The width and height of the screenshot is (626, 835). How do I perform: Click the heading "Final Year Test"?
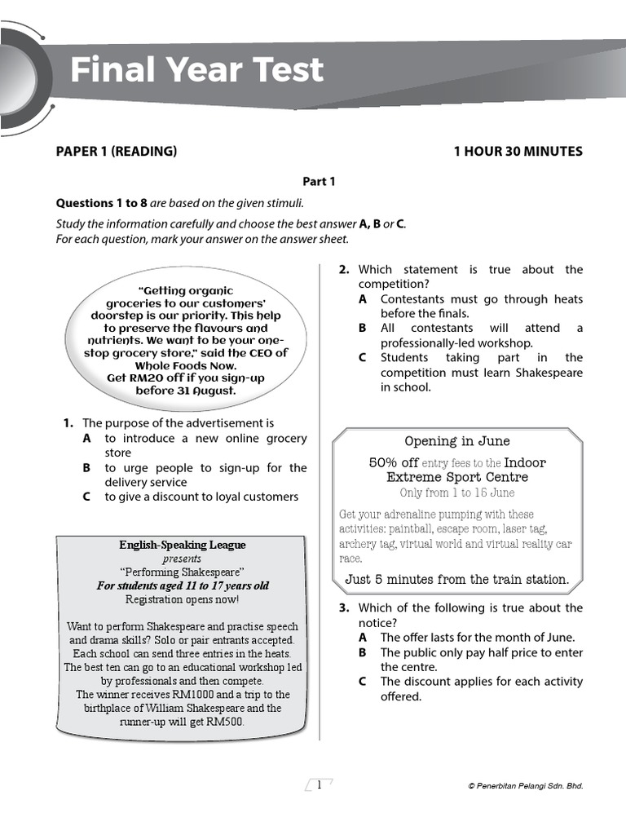[196, 71]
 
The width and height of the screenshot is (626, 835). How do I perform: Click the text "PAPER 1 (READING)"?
[116, 151]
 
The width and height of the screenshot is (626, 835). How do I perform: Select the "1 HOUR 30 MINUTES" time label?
[518, 151]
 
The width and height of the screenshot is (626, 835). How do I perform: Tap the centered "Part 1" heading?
[319, 182]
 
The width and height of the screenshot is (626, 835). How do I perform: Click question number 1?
[68, 423]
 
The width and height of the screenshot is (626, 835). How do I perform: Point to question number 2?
[344, 269]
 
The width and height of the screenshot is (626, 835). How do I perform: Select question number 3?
[344, 607]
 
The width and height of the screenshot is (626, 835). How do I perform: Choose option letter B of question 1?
[86, 468]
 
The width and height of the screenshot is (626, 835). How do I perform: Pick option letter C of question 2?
[363, 357]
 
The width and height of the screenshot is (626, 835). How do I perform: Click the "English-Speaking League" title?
[182, 545]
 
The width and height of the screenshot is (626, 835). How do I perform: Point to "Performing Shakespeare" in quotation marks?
[182, 572]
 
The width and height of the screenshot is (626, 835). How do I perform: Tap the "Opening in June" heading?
[456, 441]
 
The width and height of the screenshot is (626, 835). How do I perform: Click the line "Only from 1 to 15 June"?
[456, 493]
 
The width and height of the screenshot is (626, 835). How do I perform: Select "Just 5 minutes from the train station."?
[456, 580]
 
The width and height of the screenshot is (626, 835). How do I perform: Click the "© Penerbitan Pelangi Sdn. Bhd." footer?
[525, 786]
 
